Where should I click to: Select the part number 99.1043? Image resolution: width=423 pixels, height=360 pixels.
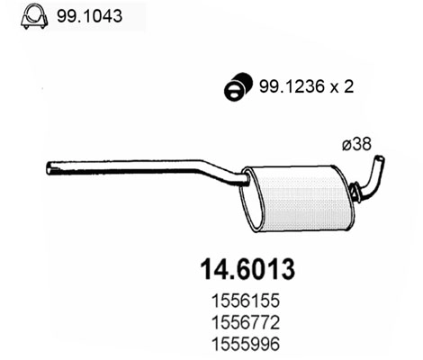coord(87,16)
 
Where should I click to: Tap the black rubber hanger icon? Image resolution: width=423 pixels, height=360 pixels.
coord(233,86)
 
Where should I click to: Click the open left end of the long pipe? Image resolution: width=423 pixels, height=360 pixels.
coord(49,167)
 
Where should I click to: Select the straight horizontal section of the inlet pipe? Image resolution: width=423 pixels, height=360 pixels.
coord(126,166)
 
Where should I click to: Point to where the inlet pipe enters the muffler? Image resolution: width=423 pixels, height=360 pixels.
coord(245,181)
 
